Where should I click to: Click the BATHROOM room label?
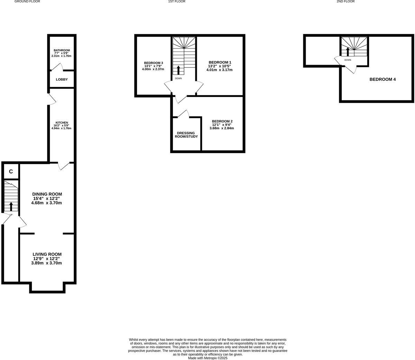[62, 50]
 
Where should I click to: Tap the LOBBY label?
[62, 80]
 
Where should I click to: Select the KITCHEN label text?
[62, 123]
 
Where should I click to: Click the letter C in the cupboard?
[11, 172]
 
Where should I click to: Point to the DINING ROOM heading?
[47, 194]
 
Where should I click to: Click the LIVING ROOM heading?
[47, 254]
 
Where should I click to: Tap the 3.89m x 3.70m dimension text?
[46, 263]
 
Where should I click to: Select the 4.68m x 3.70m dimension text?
[46, 203]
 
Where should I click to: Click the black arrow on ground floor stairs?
[11, 206]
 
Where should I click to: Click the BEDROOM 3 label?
[153, 63]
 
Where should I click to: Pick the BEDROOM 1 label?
[220, 62]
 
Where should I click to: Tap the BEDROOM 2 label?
[222, 121]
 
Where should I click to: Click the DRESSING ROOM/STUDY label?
[186, 135]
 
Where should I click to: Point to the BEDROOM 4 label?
[382, 79]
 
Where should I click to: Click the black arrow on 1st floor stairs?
[178, 70]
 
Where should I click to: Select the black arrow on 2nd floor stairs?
[348, 52]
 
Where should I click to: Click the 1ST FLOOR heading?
[177, 2]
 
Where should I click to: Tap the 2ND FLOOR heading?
[345, 2]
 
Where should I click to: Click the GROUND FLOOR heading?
[27, 2]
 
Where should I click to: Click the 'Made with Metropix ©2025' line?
[207, 358]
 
